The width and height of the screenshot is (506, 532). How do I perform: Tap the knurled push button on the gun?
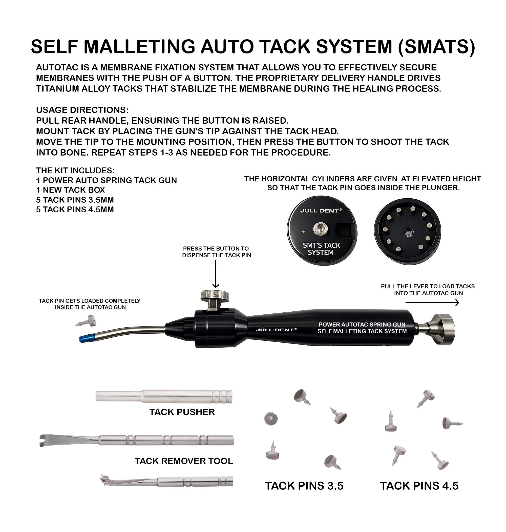click(215, 296)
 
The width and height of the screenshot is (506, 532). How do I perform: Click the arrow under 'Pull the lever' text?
click(432, 303)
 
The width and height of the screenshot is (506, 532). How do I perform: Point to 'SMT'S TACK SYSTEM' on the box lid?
click(321, 249)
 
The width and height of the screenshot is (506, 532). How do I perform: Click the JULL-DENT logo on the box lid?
click(321, 211)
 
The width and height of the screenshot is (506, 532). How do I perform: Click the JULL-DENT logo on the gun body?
click(276, 330)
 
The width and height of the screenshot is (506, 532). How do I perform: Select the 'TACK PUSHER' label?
click(182, 412)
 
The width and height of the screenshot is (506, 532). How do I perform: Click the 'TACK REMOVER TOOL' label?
click(184, 461)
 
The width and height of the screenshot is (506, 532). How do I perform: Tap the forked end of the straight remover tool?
click(43, 441)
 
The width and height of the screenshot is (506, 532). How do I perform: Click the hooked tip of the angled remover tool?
click(104, 481)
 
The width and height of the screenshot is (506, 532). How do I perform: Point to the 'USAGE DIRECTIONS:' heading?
click(82, 110)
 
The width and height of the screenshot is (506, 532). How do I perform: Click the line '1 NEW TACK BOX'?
click(70, 190)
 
